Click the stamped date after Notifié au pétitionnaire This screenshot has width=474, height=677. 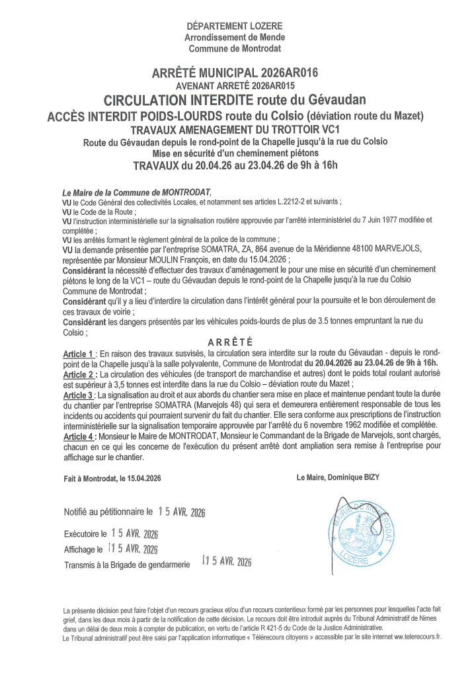(181, 512)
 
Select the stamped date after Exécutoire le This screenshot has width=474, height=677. (134, 532)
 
